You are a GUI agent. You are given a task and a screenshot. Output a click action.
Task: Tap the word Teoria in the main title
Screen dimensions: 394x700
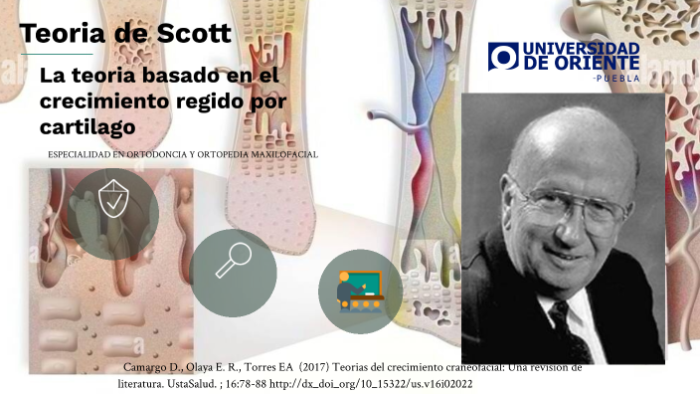[64, 33]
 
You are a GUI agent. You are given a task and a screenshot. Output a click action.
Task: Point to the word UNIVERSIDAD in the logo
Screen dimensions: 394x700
[581, 48]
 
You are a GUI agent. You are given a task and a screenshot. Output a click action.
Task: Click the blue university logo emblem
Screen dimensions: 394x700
[504, 57]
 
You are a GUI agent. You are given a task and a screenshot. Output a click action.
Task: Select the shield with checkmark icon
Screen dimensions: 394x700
[113, 205]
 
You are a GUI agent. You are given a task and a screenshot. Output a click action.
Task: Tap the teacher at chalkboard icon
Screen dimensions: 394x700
[359, 288]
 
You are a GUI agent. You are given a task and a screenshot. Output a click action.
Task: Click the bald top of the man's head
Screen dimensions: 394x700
[577, 124]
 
